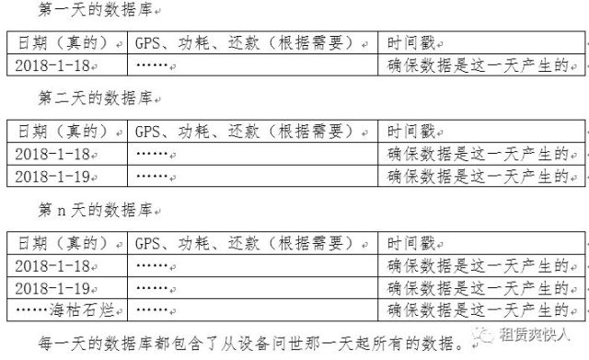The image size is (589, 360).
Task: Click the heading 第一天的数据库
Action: point(95,9)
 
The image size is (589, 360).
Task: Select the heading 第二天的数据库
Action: point(95,99)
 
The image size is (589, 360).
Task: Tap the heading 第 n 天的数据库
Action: point(95,210)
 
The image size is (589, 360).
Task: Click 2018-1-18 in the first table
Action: point(52,65)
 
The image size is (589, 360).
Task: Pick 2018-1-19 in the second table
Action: point(52,176)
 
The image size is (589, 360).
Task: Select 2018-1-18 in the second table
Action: point(52,154)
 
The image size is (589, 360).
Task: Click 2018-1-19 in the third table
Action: point(52,288)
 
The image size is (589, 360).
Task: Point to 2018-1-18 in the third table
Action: point(52,266)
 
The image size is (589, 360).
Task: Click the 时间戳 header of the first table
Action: point(411,43)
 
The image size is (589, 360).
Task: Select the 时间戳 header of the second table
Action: point(411,132)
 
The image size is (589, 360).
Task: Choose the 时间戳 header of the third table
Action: point(411,243)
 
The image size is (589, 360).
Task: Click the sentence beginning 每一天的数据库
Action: point(251,343)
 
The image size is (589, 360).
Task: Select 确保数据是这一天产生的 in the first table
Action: point(478,65)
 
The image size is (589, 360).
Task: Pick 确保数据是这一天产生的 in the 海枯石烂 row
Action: point(478,310)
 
